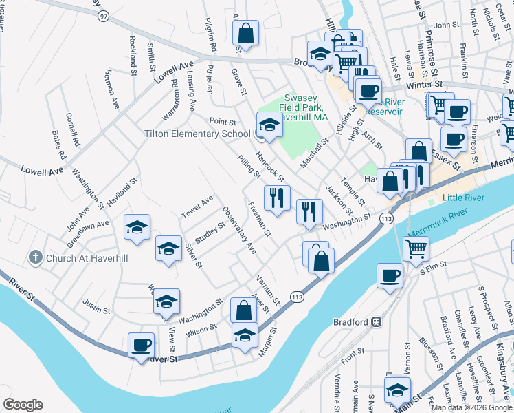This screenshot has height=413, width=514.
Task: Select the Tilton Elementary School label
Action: [x=197, y=134]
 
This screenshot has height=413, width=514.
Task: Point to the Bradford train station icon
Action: [x=377, y=321]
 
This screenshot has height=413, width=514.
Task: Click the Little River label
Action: [x=464, y=198]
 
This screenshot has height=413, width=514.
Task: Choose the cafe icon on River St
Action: [x=142, y=345]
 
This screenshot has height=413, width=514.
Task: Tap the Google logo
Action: [x=23, y=405]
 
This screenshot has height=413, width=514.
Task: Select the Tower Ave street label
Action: [x=197, y=204]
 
